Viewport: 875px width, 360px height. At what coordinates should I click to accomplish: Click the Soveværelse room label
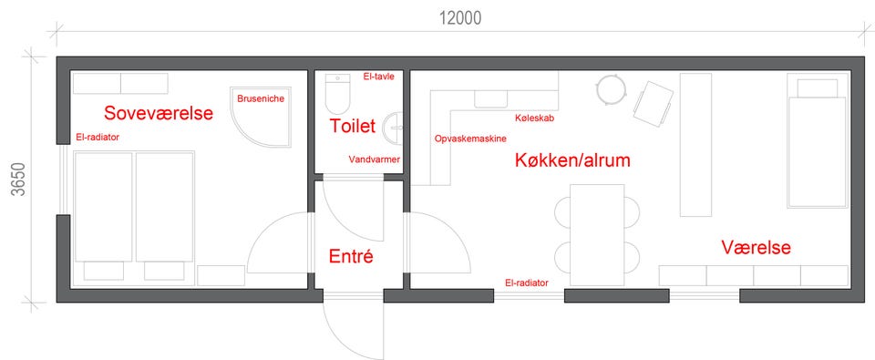click(159, 113)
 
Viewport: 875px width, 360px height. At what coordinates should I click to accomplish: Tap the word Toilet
click(352, 126)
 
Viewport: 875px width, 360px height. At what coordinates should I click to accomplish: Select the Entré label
click(350, 257)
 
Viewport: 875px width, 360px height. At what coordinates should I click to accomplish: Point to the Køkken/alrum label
click(572, 160)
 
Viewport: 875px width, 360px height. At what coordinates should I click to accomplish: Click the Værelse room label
click(757, 247)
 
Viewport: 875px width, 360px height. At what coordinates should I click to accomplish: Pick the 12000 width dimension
click(460, 18)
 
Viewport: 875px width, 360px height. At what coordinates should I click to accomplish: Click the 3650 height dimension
click(18, 180)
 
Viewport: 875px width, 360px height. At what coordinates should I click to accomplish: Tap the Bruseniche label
click(261, 98)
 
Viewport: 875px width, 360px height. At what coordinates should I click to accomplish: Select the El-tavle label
click(376, 77)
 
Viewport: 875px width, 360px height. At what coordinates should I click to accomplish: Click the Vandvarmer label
click(375, 159)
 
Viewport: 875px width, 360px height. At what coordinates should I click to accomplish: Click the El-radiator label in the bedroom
click(98, 137)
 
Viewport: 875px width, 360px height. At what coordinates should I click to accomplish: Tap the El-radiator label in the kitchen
click(526, 283)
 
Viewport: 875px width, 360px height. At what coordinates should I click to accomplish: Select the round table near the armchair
click(610, 89)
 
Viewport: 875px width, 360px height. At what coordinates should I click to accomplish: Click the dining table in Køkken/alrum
click(596, 234)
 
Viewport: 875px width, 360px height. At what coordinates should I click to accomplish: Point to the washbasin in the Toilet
click(394, 127)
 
